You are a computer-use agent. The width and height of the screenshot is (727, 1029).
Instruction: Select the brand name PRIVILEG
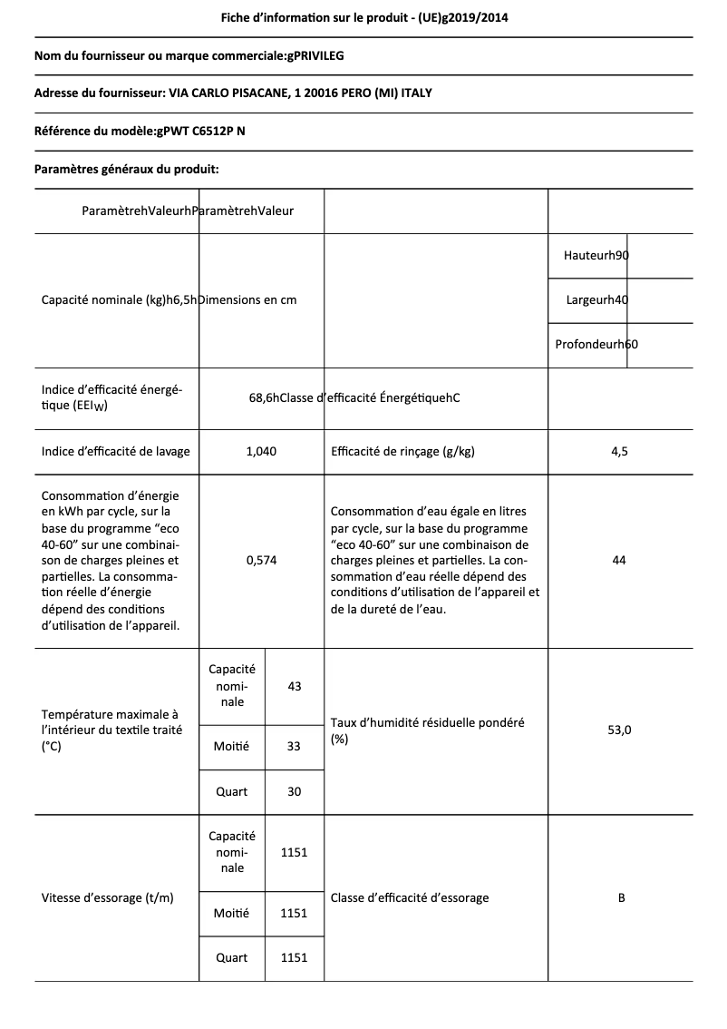point(315,55)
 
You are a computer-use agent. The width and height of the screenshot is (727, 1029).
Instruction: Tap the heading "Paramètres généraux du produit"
point(126,169)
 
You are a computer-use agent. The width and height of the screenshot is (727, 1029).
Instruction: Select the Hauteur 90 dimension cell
point(596,256)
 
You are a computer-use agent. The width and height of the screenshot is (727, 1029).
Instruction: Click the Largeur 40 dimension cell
point(596,299)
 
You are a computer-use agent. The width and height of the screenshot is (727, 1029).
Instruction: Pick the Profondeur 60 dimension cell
point(596,344)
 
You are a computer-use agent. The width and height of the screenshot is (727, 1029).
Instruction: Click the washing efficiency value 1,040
point(261,451)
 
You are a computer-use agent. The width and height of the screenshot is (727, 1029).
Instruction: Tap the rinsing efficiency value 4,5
point(619,451)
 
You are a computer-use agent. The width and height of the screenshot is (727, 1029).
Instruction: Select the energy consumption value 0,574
point(261,561)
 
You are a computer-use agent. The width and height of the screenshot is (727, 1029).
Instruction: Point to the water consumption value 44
point(619,561)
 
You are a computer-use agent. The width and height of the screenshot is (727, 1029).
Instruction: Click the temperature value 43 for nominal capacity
point(294,686)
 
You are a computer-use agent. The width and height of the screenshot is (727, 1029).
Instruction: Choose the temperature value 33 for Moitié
point(294,746)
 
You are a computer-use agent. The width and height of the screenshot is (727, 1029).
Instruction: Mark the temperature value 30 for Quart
point(294,791)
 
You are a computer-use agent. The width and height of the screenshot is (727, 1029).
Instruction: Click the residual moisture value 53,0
point(619,730)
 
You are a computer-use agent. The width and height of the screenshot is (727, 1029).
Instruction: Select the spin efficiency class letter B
point(621,897)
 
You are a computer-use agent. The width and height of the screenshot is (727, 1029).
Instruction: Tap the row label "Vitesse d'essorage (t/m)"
point(108,897)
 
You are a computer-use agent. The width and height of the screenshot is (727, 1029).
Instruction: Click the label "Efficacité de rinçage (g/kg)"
point(403,451)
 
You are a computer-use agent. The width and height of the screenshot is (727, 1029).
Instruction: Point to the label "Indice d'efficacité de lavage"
point(116,451)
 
